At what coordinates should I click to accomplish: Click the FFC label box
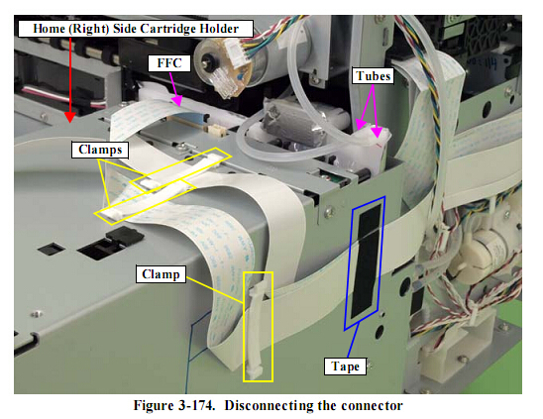tap(169, 63)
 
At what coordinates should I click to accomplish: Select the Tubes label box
tap(373, 76)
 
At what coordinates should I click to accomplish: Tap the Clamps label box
tap(100, 150)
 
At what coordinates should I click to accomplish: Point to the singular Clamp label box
tap(161, 274)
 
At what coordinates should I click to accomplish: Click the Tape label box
tap(345, 367)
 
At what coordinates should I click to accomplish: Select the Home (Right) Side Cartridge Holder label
tap(136, 29)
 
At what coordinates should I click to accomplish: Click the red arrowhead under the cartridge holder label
tap(70, 117)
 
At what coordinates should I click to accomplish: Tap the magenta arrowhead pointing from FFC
tap(177, 100)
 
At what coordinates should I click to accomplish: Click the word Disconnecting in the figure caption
tap(269, 405)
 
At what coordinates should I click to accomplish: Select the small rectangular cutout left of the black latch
tap(52, 249)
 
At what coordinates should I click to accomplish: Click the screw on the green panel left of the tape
tap(328, 211)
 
